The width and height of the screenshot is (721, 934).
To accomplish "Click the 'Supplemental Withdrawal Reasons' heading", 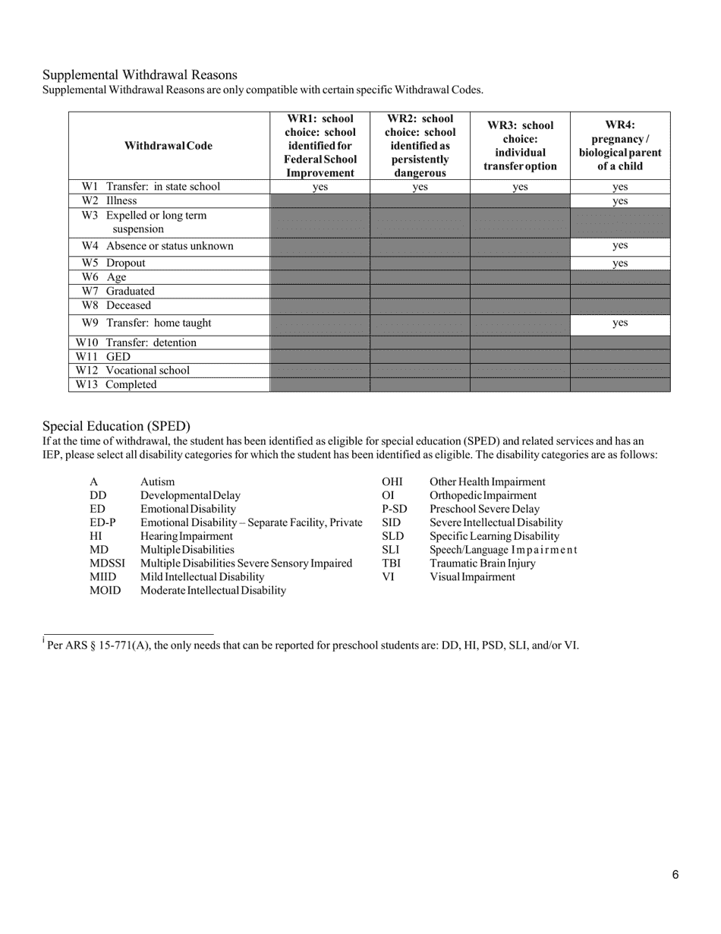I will [x=140, y=74].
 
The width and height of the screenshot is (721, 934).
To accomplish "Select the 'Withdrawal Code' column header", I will [x=168, y=146].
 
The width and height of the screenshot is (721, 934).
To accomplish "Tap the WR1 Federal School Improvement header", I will [x=320, y=146].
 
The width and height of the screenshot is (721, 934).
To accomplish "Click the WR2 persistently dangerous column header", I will [x=420, y=146].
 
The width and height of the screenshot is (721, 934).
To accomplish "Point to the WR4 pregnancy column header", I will [x=620, y=146].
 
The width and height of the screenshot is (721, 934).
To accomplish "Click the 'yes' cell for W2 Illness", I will [x=620, y=201].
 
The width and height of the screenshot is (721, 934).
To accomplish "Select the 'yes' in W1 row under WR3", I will [x=520, y=187].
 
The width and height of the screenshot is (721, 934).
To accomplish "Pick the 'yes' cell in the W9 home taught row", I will [x=620, y=323].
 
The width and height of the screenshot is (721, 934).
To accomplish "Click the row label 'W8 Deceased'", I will [x=116, y=305].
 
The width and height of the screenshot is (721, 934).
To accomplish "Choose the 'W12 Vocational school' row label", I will [x=132, y=371].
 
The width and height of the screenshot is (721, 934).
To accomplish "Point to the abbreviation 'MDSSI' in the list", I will [x=107, y=563].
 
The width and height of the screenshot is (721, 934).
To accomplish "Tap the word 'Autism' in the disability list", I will [x=157, y=481].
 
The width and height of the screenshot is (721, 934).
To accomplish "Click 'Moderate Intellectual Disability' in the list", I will [x=213, y=590].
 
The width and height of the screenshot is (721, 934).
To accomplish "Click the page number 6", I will [x=675, y=875].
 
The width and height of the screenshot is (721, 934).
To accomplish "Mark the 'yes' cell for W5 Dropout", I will [x=620, y=263].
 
